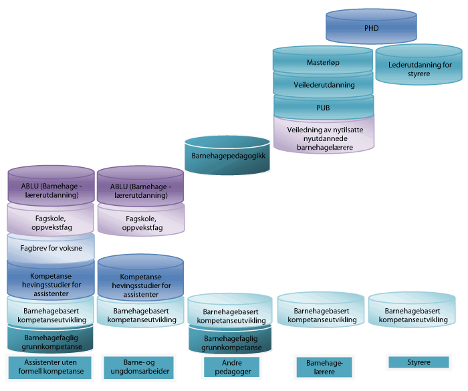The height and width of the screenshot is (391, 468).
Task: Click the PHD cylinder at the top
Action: [x=371, y=29]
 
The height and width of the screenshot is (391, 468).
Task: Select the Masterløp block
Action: [x=324, y=63]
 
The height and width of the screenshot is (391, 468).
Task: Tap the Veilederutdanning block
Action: [x=324, y=85]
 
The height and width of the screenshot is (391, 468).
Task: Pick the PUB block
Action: [x=324, y=107]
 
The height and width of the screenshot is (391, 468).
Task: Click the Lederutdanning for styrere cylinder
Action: [x=419, y=69]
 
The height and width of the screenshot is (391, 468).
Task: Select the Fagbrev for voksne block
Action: [x=51, y=249]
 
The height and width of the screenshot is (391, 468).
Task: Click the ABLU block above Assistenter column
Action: [x=51, y=190]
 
